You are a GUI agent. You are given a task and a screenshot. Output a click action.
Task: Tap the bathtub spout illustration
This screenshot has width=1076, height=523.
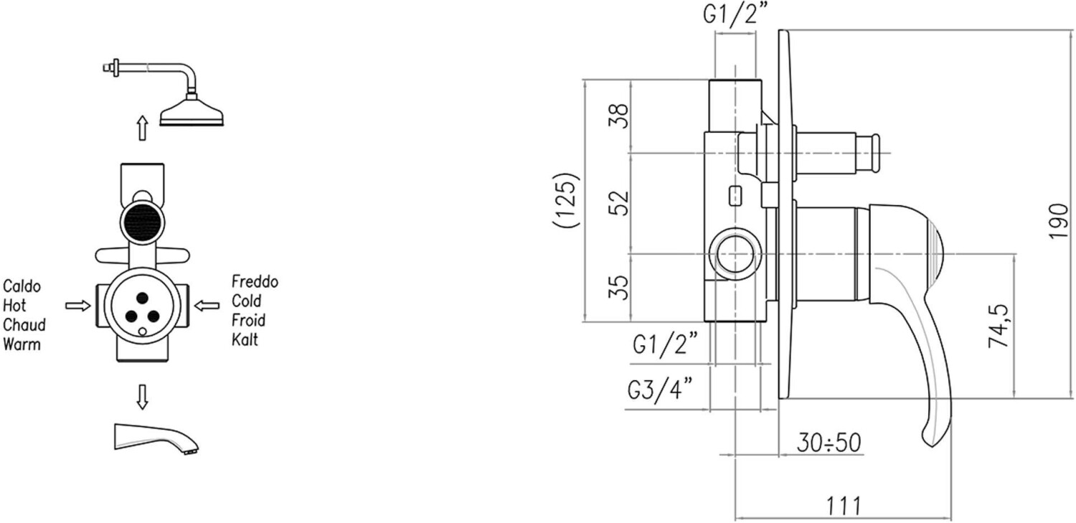tap(156, 438)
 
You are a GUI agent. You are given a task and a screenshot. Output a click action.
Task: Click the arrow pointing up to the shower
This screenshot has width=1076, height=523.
tap(142, 128)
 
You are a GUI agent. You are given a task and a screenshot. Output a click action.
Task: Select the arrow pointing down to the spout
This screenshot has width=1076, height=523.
tap(142, 397)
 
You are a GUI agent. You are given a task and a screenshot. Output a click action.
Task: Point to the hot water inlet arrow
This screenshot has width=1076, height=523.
tap(77, 306)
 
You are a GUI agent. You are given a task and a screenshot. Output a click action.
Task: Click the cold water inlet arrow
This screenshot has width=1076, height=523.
tap(207, 306)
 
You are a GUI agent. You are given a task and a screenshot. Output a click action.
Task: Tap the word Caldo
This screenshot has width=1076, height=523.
tap(22, 287)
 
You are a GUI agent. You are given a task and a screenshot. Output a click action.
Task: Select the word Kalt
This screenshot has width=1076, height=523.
tap(245, 339)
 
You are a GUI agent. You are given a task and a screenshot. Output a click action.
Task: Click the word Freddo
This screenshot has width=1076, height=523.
tap(255, 281)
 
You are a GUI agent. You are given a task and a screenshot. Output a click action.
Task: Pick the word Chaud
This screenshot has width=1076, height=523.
tap(24, 325)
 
